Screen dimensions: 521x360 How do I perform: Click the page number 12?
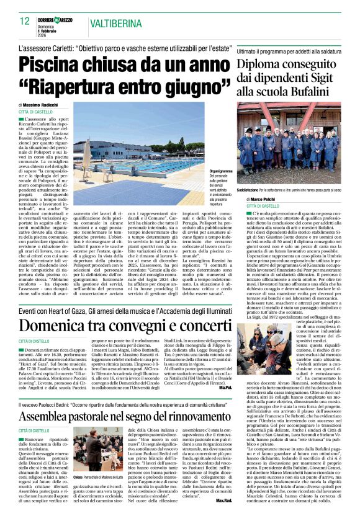point(24,20)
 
